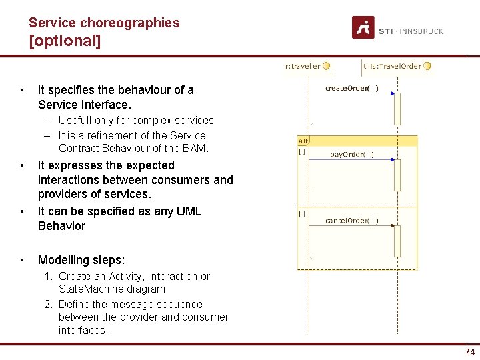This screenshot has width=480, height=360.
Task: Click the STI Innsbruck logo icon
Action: click(x=363, y=27)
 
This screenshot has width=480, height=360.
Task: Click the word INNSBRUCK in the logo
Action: click(x=423, y=31)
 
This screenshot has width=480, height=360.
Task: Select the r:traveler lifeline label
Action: click(x=303, y=66)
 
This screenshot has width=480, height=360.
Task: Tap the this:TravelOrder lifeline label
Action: click(x=393, y=66)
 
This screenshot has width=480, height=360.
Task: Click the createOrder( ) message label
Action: click(x=351, y=88)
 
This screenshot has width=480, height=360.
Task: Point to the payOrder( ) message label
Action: click(x=352, y=155)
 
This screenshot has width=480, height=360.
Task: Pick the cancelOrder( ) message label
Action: click(x=351, y=221)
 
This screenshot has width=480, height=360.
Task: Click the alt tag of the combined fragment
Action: click(x=303, y=141)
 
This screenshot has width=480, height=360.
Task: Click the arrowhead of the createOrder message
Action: click(x=393, y=93)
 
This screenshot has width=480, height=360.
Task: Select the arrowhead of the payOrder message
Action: click(x=393, y=160)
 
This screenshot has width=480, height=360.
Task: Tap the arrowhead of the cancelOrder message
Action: click(x=393, y=226)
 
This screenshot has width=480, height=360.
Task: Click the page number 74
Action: click(x=470, y=352)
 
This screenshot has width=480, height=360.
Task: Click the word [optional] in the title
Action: click(x=65, y=41)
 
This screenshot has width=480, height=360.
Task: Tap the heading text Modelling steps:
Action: click(x=81, y=260)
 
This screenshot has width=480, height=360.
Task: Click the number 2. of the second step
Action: click(x=49, y=304)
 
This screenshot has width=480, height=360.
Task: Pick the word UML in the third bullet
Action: click(x=189, y=211)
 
